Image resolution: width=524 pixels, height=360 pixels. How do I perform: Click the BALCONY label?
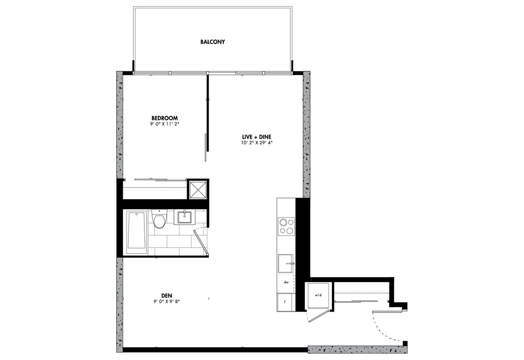pyautogui.click(x=212, y=42)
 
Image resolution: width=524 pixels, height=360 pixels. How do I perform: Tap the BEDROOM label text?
pyautogui.click(x=165, y=118)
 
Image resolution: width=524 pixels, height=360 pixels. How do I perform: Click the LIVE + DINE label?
pyautogui.click(x=257, y=137)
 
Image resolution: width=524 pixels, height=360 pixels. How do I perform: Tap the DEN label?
pyautogui.click(x=166, y=295)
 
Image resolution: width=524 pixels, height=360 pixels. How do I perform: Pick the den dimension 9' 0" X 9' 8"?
pyautogui.click(x=166, y=301)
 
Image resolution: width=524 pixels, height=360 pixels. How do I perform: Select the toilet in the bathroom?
pyautogui.click(x=159, y=219)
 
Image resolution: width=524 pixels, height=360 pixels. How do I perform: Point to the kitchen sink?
pyautogui.click(x=286, y=264)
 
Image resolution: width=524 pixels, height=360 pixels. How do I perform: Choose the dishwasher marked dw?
pyautogui.click(x=286, y=282)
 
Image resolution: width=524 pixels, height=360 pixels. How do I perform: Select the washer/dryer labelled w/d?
pyautogui.click(x=318, y=296)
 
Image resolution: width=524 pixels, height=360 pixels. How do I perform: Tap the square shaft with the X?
pyautogui.click(x=197, y=189)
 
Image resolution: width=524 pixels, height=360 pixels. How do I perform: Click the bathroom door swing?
pyautogui.click(x=201, y=240)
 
